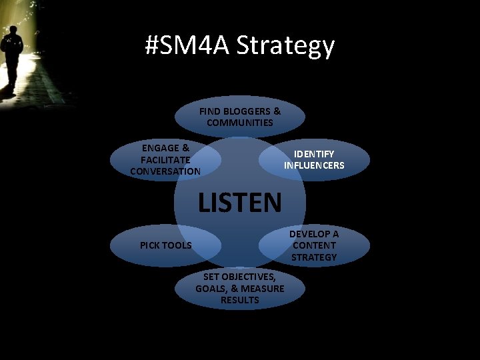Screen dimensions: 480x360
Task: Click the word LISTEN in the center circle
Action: [240, 201]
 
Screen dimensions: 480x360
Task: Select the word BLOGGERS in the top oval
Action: [247, 111]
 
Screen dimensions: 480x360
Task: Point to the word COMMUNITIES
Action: [240, 123]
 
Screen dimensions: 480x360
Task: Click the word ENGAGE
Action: [165, 148]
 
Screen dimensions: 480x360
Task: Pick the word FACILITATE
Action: [165, 159]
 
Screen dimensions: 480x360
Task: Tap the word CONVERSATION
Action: [165, 171]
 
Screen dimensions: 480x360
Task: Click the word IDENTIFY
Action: [314, 153]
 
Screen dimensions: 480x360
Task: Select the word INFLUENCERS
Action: [314, 165]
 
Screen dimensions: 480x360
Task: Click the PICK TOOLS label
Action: [165, 245]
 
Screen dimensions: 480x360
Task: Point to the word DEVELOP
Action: [314, 233]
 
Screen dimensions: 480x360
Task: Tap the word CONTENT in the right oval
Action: [314, 245]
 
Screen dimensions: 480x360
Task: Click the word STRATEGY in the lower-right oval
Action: [314, 257]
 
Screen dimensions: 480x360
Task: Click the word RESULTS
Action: [240, 300]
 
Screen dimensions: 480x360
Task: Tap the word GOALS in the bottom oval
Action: [213, 288]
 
